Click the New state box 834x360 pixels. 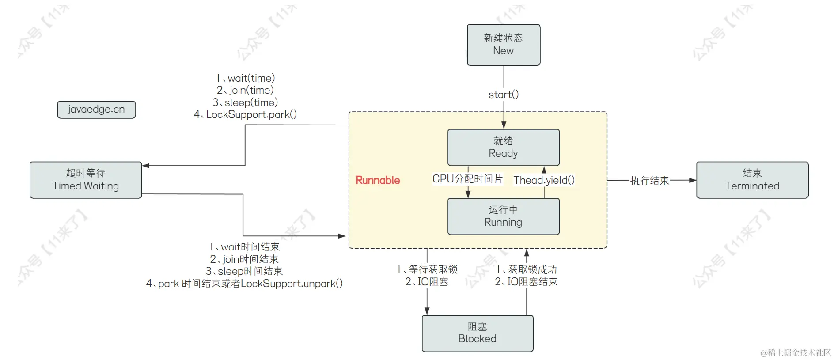coord(503,45)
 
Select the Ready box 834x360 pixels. coord(503,148)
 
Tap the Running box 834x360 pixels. coord(503,216)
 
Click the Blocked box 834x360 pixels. coord(477,333)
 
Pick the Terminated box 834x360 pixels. coord(752,180)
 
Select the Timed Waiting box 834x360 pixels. coord(86,180)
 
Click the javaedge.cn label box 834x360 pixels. coord(96,110)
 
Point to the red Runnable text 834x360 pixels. coord(378,180)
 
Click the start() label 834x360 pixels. coord(503,95)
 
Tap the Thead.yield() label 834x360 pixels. coord(544,180)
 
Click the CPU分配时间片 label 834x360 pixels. coord(467,179)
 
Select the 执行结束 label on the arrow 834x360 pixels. coord(649,180)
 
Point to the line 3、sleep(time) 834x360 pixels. coord(245,102)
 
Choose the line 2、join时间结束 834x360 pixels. coord(244,259)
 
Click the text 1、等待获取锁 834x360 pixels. coord(427,269)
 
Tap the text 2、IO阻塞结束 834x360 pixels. coord(526,282)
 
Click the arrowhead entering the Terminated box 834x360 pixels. coord(692,180)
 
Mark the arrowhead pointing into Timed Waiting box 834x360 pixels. coord(146,166)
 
